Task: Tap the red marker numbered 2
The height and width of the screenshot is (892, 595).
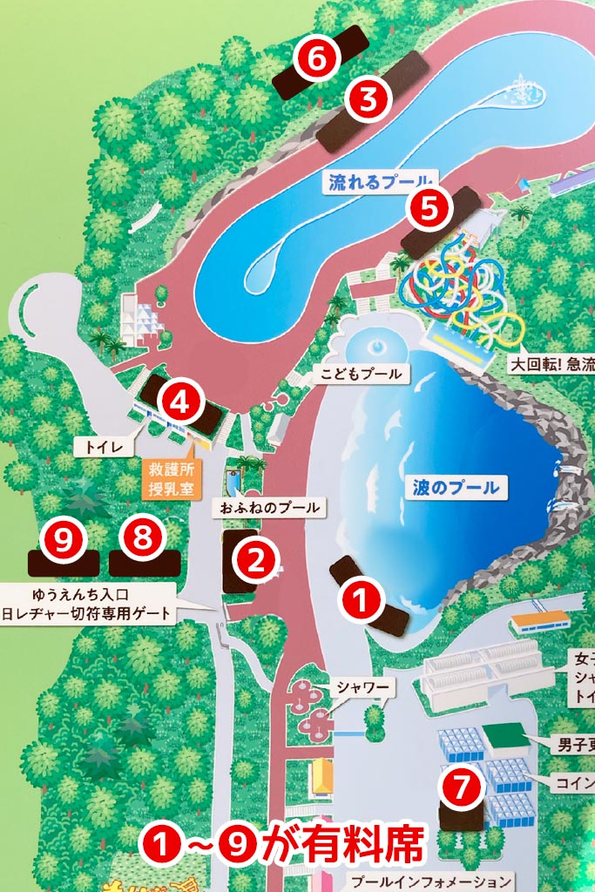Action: click(255, 559)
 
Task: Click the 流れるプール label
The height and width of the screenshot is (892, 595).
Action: click(379, 183)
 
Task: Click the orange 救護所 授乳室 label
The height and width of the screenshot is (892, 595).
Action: click(171, 479)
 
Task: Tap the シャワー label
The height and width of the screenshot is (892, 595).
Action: click(365, 687)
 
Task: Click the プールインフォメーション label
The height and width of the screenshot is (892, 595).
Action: click(432, 881)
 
